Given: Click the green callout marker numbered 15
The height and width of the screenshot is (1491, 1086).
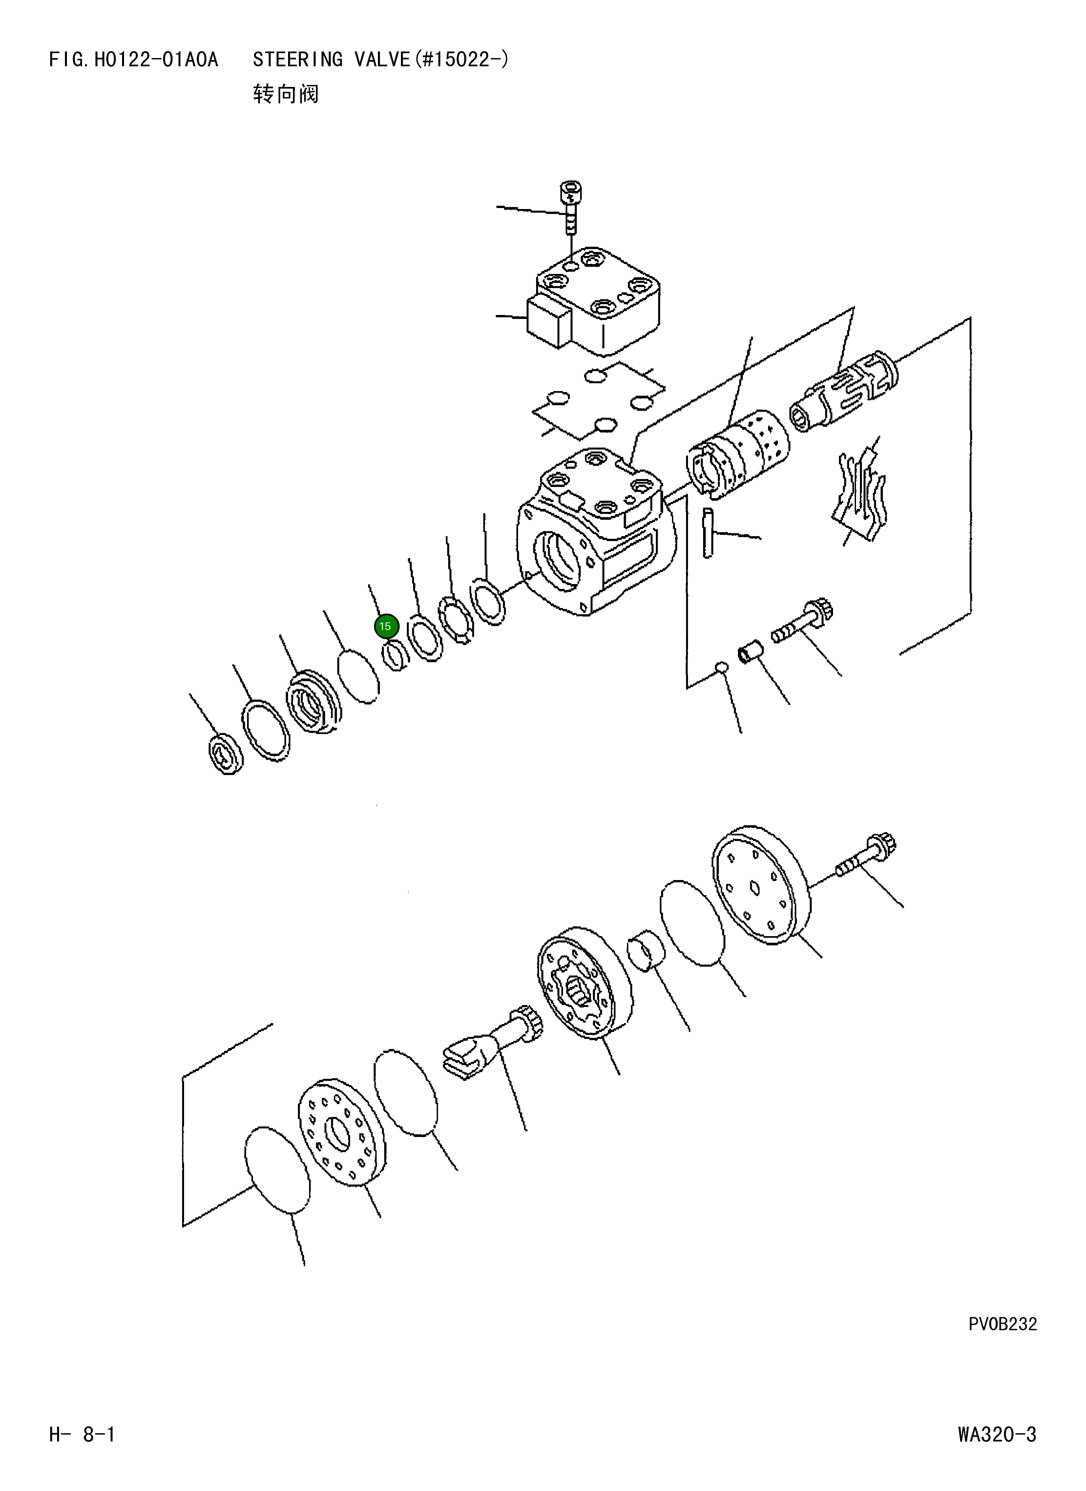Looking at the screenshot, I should [386, 626].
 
